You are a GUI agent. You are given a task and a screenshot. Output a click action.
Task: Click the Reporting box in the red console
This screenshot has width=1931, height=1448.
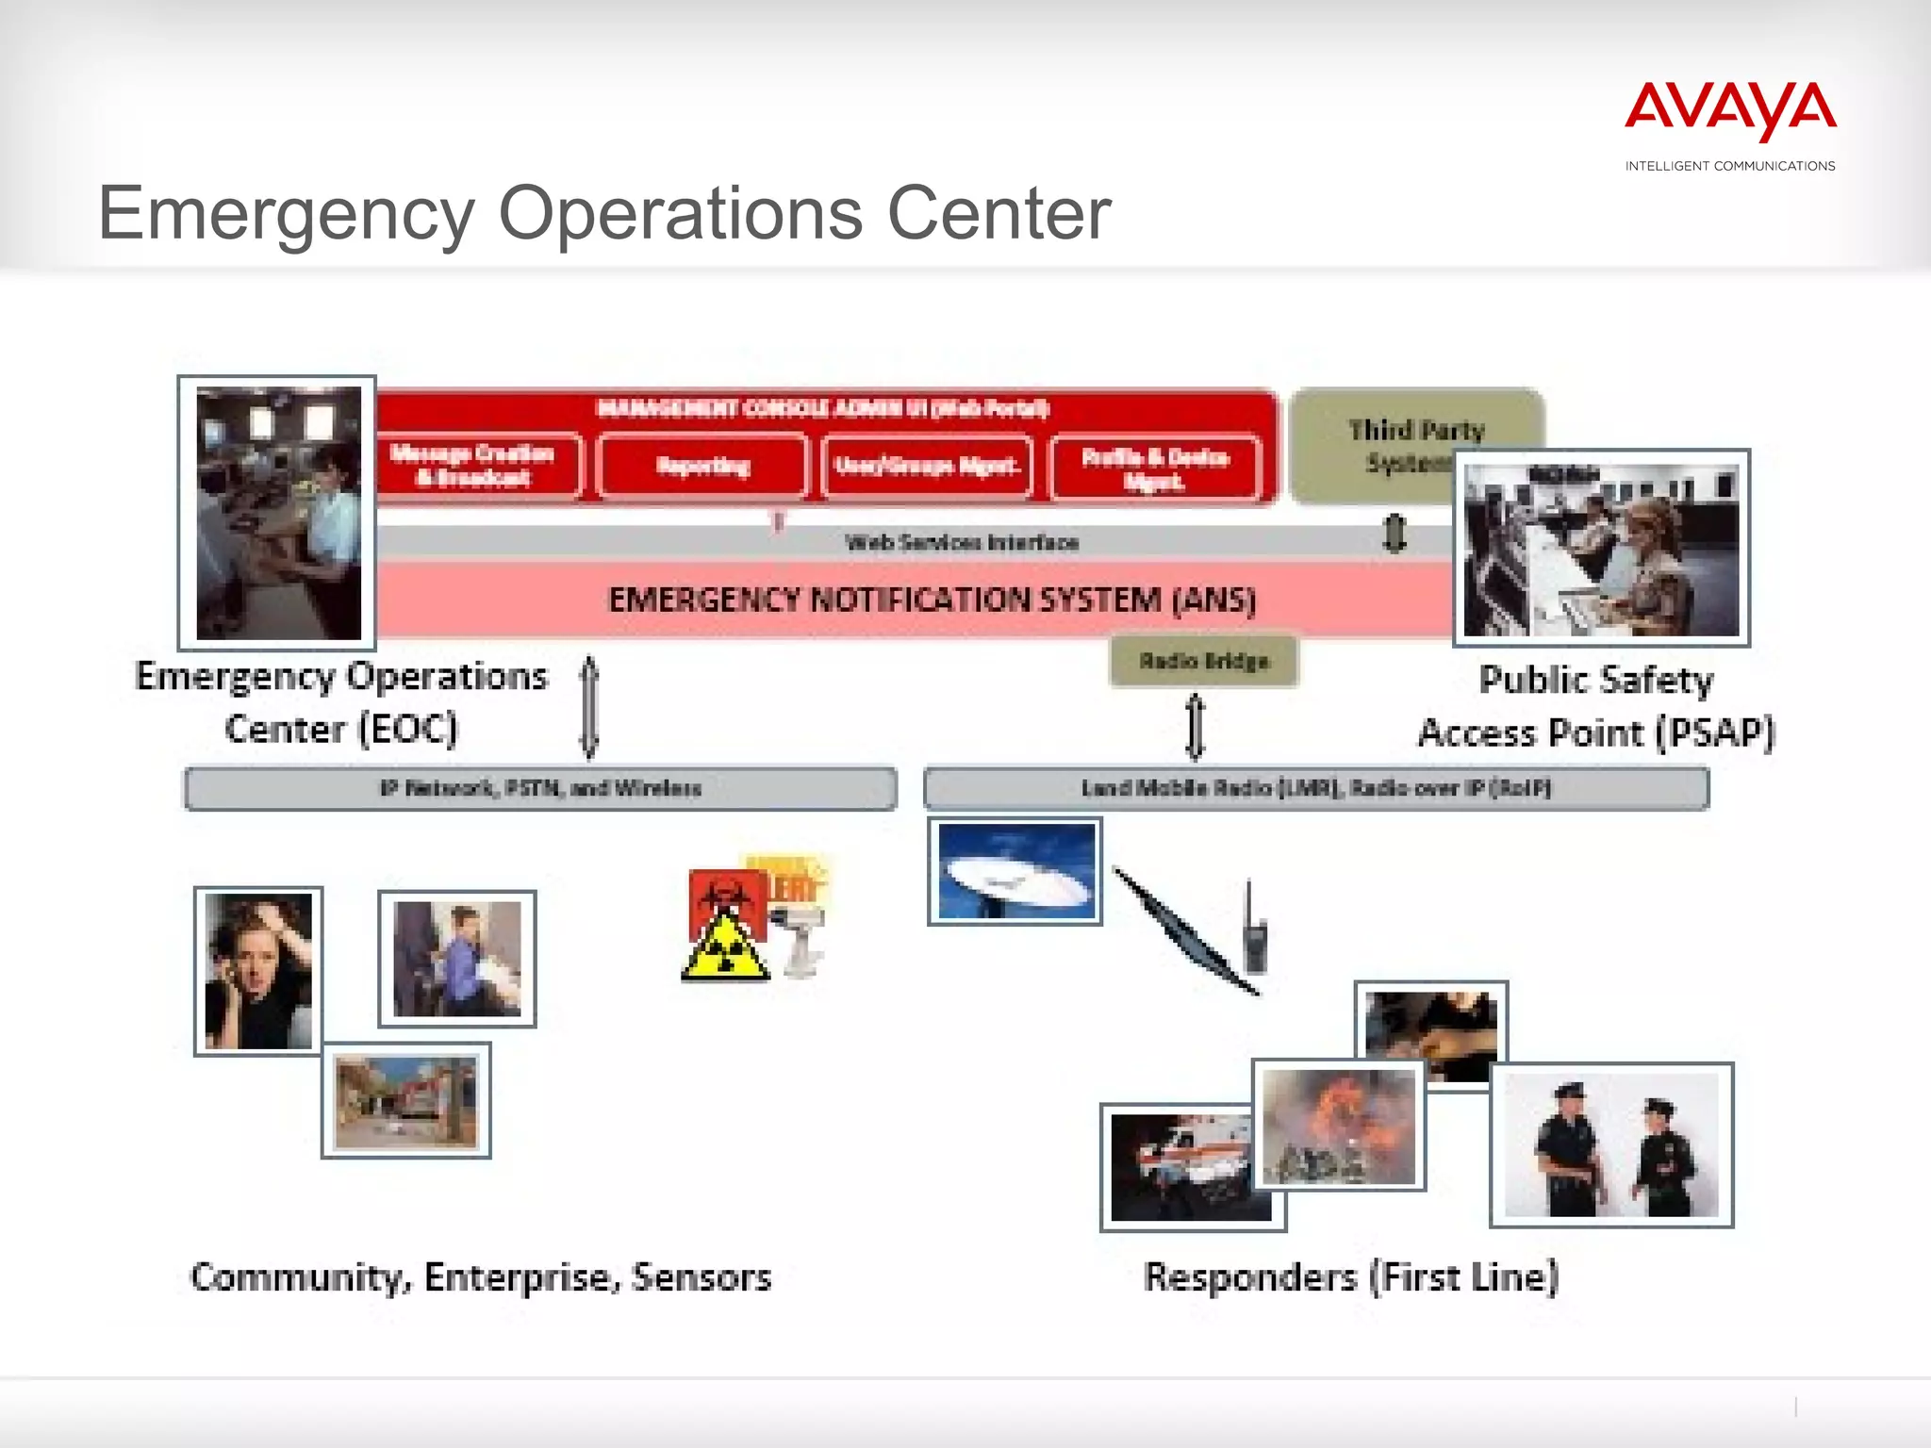[x=702, y=466]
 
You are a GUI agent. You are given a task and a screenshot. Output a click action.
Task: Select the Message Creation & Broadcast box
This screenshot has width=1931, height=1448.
[x=473, y=466]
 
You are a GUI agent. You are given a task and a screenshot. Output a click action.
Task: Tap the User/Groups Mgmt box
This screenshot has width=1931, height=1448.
[x=927, y=466]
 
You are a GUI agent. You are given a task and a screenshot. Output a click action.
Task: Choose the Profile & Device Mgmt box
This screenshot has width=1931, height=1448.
[x=1155, y=468]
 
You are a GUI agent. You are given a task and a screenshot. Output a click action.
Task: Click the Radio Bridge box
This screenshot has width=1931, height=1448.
[x=1204, y=661]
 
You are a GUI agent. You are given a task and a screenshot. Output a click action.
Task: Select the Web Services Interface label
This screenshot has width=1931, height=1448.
[x=962, y=542]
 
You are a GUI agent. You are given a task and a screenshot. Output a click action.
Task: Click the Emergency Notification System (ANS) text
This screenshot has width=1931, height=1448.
[x=932, y=600]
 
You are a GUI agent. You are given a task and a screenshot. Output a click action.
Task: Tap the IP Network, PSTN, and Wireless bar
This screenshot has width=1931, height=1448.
[x=540, y=788]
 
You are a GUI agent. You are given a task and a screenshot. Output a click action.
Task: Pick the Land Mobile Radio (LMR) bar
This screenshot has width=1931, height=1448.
[x=1315, y=788]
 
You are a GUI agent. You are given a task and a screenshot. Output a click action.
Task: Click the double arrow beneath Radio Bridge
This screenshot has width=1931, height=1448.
[x=1195, y=727]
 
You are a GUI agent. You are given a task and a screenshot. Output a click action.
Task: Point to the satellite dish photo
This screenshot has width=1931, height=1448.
[x=1015, y=871]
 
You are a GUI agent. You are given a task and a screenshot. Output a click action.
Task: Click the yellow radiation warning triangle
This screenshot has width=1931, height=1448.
[x=724, y=948]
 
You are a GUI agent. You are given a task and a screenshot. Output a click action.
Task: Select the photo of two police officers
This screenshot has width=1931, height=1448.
[x=1611, y=1144]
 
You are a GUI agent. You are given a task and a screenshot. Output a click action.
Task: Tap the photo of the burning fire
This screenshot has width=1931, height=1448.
[x=1339, y=1126]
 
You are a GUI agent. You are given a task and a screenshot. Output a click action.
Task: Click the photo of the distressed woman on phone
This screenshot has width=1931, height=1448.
[x=258, y=971]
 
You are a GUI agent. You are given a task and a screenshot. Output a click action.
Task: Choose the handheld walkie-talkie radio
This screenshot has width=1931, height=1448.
[x=1254, y=933]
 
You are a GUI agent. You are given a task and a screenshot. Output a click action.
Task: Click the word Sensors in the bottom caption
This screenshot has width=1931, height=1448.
[x=701, y=1277]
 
